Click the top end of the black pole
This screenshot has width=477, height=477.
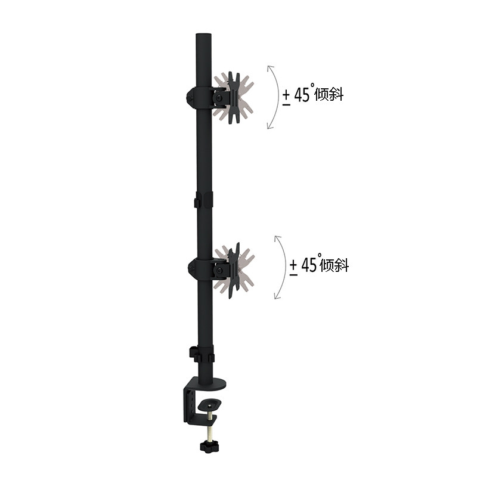point(203,35)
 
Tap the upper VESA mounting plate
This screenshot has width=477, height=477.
point(234,98)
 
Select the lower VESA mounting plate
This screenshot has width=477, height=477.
point(234,270)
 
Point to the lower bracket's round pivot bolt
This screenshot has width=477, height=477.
point(219,271)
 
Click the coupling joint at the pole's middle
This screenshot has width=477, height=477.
point(203,200)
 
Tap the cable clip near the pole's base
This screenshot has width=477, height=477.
point(202,355)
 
